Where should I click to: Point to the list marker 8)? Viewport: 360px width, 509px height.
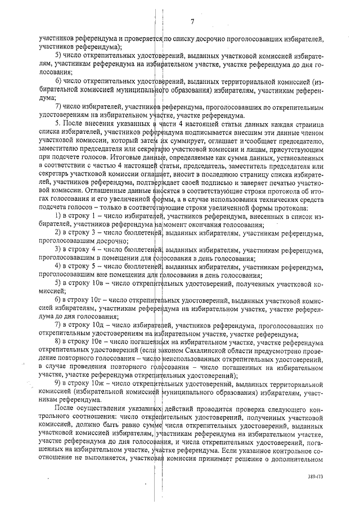tap(58, 341)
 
